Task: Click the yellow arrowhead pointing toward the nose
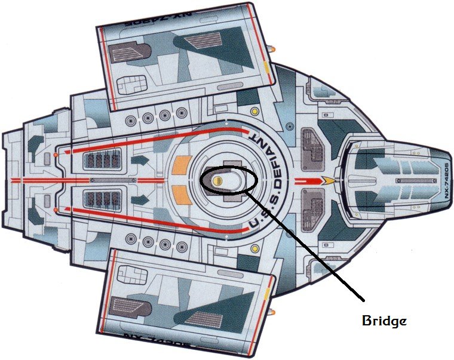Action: pos(328,179)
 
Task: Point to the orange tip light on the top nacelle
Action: pos(273,46)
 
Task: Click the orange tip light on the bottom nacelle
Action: pos(273,311)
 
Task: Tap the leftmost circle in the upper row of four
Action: pos(130,116)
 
